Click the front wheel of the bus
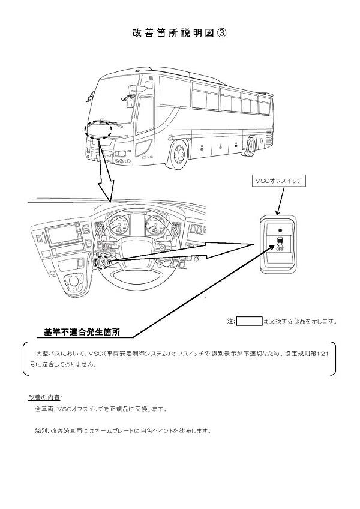[x=179, y=154]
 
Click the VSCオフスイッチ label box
[x=278, y=180]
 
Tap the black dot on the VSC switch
[x=280, y=230]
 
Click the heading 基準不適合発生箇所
[x=82, y=331]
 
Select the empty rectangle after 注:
[x=249, y=321]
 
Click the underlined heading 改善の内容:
[x=45, y=397]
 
